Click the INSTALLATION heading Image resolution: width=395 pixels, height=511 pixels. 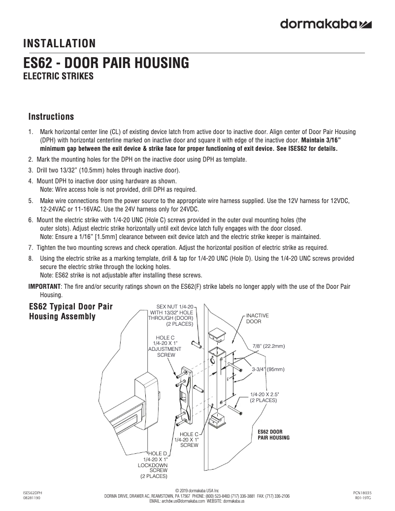[60, 44]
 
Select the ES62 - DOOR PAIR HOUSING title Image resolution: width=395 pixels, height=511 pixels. [106, 64]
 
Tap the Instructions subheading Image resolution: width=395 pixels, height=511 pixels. [51, 117]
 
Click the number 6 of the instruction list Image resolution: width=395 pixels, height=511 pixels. [30, 220]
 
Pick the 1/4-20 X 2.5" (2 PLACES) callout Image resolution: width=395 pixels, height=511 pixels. [264, 397]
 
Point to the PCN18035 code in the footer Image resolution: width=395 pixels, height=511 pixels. [362, 492]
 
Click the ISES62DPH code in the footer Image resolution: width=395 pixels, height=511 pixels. [33, 492]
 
